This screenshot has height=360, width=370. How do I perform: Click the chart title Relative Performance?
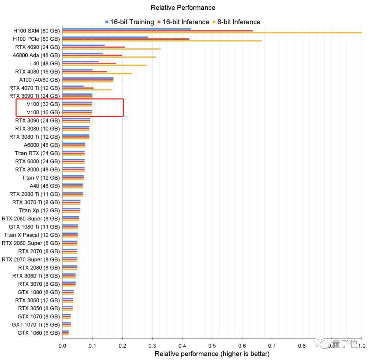[183, 8]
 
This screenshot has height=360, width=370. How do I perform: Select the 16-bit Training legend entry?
[129, 22]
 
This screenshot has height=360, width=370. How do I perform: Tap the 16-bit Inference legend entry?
[183, 22]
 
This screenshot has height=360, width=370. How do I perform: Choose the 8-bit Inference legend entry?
[236, 22]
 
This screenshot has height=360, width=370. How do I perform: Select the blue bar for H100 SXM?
[127, 29]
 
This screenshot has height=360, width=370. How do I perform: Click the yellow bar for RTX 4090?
[111, 49]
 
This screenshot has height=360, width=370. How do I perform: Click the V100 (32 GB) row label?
[43, 104]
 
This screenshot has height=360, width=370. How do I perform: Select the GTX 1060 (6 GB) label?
[39, 333]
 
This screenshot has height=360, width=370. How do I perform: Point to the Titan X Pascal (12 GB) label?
[32, 235]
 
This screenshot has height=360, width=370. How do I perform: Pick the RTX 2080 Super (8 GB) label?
[31, 219]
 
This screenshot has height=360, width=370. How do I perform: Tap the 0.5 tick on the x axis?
[212, 346]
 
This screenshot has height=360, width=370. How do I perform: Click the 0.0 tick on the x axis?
[62, 346]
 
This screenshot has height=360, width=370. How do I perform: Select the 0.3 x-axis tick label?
[152, 346]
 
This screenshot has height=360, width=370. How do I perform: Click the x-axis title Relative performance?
[212, 353]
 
